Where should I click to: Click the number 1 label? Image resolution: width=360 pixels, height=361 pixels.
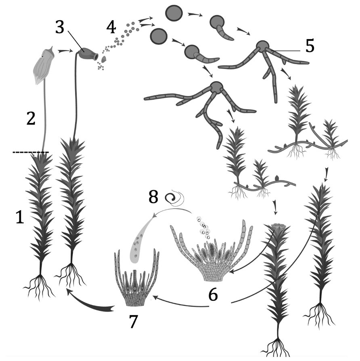20,217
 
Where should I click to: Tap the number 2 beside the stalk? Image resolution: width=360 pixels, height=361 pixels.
31,119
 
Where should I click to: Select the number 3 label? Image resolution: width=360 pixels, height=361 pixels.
60,27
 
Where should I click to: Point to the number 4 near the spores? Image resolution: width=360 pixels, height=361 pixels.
111,27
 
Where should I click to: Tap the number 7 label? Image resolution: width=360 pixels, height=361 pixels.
133,321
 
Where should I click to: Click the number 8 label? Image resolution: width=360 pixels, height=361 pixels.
153,197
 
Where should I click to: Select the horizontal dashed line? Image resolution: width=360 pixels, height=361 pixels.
31,152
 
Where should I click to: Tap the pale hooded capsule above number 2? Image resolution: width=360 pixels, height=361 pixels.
44,65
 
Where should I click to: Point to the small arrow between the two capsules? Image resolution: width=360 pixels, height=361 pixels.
65,51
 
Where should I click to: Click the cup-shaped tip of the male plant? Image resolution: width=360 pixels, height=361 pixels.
280,227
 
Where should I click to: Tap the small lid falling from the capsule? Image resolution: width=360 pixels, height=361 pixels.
104,59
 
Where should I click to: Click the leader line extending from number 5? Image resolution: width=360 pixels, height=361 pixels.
285,50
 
